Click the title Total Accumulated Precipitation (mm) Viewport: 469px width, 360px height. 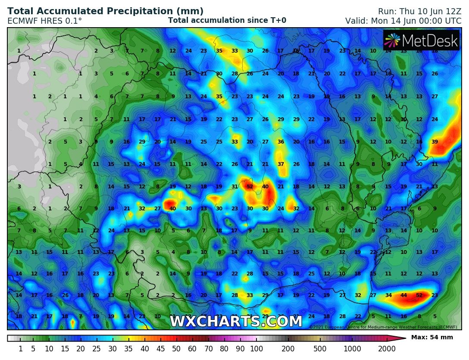click(106, 11)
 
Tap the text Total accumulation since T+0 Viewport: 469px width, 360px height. click(227, 20)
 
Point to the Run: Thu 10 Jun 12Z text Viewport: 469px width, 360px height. click(419, 11)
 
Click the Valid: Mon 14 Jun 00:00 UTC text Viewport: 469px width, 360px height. click(403, 21)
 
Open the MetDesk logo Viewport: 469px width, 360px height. click(421, 41)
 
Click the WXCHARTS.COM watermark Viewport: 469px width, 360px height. click(236, 322)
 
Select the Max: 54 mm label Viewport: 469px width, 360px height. click(432, 337)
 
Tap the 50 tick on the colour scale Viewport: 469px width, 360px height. click(176, 349)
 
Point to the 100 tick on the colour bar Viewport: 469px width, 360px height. click(256, 349)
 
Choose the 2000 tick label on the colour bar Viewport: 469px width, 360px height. click(387, 349)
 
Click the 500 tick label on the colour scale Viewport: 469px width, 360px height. click(320, 349)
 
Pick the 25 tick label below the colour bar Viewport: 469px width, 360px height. click(97, 349)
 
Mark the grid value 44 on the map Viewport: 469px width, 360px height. click(404, 295)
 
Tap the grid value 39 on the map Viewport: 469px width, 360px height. click(435, 142)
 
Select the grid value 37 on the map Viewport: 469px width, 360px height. click(281, 164)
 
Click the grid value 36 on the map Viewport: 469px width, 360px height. click(281, 142)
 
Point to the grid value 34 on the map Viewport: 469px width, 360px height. click(388, 295)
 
